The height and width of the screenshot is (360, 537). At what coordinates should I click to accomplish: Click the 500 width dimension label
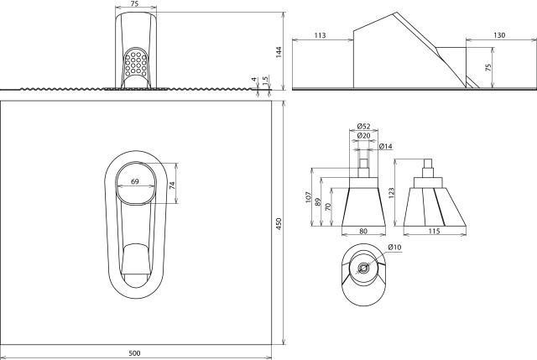134,352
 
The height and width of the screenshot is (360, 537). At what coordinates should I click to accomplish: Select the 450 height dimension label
279,223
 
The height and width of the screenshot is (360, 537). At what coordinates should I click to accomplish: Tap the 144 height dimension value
279,52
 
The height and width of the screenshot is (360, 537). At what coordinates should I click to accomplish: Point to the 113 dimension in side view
320,35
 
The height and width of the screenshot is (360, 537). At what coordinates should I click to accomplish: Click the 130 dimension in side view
499,35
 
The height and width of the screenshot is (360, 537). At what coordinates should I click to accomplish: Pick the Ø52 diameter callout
363,126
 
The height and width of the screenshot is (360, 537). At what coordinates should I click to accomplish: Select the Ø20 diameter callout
363,136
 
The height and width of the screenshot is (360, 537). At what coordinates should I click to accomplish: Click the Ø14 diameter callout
386,147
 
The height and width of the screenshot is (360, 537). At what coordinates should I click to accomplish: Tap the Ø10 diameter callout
394,247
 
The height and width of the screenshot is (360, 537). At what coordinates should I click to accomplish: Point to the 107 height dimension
309,197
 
